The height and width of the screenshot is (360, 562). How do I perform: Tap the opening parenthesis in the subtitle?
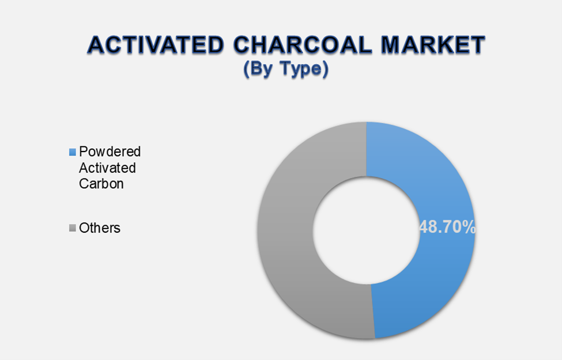tap(246, 69)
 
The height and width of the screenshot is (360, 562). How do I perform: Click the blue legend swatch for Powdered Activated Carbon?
tap(72, 152)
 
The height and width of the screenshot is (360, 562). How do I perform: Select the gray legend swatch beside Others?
tap(72, 228)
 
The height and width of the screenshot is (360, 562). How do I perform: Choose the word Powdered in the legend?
tap(110, 152)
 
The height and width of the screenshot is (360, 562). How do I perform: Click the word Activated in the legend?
tap(108, 168)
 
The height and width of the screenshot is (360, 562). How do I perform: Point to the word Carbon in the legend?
tap(102, 184)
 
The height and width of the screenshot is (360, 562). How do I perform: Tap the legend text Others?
tap(100, 228)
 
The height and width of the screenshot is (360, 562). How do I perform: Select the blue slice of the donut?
tap(438, 173)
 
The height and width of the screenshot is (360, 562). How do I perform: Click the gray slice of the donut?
tap(288, 230)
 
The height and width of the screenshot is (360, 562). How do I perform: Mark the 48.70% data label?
tap(448, 227)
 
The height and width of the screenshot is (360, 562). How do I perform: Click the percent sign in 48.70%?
tap(470, 227)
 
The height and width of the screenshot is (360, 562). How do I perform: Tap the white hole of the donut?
tap(366, 230)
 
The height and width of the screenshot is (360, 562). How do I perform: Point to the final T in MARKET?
tap(476, 45)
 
